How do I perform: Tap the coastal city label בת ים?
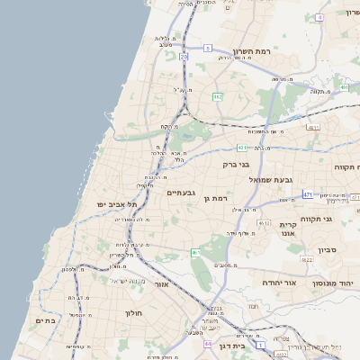(45, 319)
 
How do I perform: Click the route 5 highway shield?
(208, 48)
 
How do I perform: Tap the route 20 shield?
(184, 57)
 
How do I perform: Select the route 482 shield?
(217, 96)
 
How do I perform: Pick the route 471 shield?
(308, 194)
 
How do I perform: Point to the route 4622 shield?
(307, 259)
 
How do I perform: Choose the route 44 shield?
(208, 344)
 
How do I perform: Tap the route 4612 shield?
(264, 221)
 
